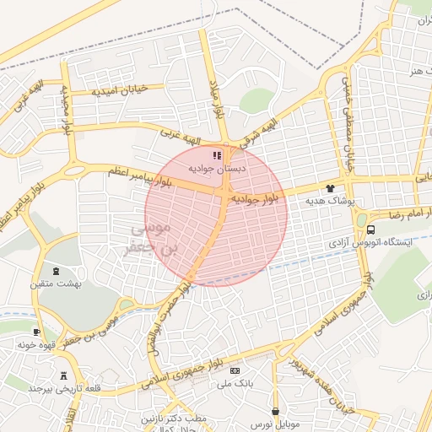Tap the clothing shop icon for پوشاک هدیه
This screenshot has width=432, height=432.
329,188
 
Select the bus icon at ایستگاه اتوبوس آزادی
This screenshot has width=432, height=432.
371,229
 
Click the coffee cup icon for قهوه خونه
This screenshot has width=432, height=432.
36,332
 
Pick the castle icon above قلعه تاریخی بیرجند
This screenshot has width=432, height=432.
63,375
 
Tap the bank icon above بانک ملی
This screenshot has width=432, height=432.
235,370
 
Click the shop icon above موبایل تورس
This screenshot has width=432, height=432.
275,411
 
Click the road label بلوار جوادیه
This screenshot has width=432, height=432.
254,199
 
